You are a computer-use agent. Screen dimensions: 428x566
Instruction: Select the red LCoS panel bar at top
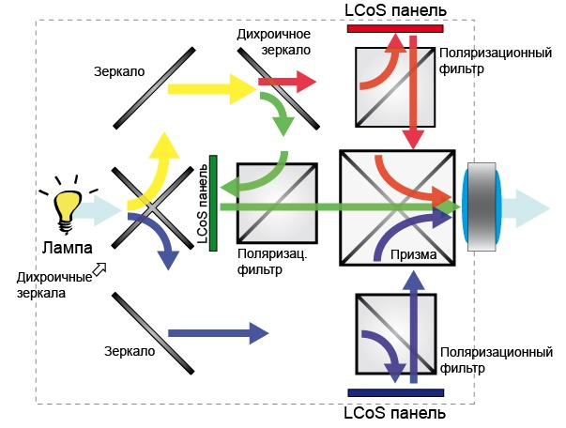tap(393, 29)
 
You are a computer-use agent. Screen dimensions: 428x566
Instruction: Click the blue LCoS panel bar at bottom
tap(394, 391)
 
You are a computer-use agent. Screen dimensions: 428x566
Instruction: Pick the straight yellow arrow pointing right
tap(211, 90)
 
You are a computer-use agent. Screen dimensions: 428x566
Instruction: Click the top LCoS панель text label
tap(394, 10)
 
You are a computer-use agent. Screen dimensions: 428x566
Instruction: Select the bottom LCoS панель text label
tap(394, 412)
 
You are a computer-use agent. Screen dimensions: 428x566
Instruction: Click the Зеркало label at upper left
tap(119, 71)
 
